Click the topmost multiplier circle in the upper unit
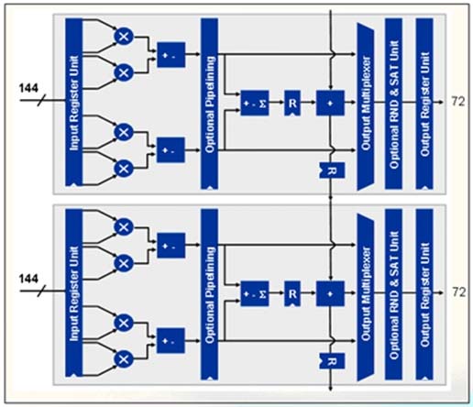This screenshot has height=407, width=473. coord(124,37)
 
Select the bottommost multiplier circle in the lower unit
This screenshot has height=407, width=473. coord(124,359)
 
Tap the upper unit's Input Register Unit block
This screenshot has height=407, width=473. coord(74,102)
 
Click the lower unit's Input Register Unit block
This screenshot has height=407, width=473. coord(74,293)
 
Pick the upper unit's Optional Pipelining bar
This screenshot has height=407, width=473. coord(209,104)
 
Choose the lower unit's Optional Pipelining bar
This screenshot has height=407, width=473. coord(209,295)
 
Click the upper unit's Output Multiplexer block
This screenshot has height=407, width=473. coord(366,106)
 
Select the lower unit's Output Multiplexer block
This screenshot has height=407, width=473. coord(366,297)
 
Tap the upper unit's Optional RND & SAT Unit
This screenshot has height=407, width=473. coord(393,104)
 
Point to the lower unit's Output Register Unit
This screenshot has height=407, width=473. coord(424,295)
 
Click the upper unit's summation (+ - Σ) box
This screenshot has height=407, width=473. coord(255,103)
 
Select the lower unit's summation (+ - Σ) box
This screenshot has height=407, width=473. coord(255,293)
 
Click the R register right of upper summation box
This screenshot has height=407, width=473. coord(292,103)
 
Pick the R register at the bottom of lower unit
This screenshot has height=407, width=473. coord(332,361)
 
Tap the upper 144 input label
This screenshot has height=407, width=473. coord(28,88)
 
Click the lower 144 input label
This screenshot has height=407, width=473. coord(28,279)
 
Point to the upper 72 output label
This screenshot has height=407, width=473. coord(458,102)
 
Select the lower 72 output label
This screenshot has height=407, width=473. coord(458,292)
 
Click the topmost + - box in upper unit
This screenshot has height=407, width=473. coord(171,55)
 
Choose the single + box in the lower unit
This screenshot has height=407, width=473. coord(330,293)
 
